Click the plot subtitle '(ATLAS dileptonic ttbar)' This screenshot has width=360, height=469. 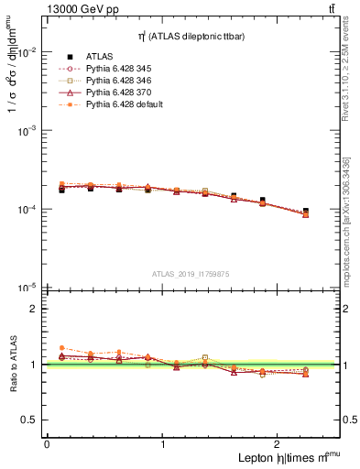[x=197, y=36]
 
